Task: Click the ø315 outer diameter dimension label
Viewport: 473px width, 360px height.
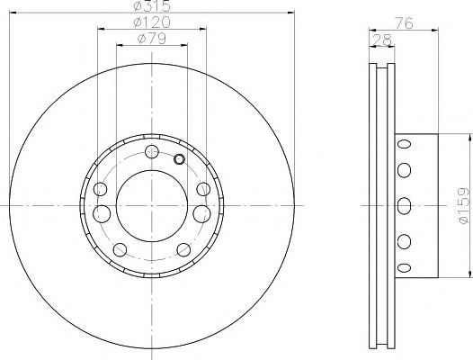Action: tap(151, 6)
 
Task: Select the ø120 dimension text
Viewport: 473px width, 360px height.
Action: tap(151, 22)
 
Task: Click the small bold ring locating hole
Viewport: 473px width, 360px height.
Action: tap(179, 160)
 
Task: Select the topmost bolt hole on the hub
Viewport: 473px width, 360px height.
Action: tap(151, 150)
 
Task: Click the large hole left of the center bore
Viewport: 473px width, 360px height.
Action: tap(102, 213)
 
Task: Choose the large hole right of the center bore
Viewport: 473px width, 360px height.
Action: tap(201, 213)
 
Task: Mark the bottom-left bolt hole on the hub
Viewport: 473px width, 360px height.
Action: tap(120, 249)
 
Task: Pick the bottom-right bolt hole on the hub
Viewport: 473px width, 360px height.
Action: tap(183, 249)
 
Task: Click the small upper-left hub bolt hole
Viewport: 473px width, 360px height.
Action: tap(101, 190)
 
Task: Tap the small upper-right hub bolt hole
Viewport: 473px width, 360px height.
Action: tap(202, 190)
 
